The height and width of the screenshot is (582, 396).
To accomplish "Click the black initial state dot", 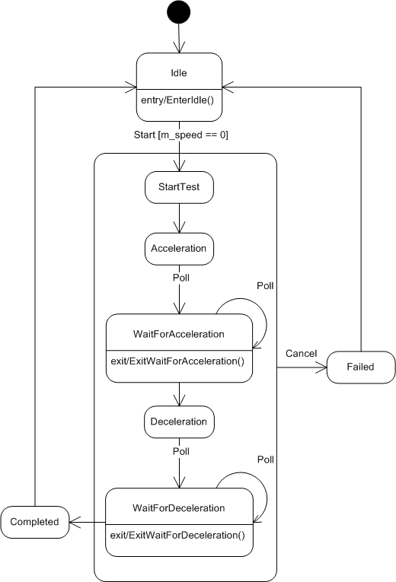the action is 179,12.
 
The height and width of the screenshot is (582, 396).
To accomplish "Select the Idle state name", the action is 179,73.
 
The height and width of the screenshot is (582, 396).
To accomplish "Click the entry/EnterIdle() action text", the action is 177,100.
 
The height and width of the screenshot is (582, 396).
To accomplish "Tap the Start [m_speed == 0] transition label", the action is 181,135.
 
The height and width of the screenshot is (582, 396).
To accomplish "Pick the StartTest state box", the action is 179,187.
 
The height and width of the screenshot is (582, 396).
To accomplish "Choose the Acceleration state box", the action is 179,249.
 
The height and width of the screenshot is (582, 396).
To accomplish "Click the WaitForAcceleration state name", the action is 179,334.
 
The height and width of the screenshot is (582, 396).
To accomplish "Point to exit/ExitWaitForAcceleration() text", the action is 178,361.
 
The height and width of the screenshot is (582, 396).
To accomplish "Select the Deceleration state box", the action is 179,422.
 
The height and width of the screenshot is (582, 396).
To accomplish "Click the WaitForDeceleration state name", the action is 179,507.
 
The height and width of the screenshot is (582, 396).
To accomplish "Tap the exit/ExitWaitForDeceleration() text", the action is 178,536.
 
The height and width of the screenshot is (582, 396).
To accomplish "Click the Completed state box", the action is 34,522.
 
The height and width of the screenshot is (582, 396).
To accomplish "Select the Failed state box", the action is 361,367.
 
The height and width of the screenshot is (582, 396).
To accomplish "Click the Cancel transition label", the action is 302,353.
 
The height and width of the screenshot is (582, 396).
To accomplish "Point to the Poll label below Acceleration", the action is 181,278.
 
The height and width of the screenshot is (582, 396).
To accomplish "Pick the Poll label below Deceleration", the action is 181,451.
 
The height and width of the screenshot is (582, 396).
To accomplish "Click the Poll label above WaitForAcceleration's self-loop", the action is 265,286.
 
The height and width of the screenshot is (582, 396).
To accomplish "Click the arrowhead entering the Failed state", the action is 321,367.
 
